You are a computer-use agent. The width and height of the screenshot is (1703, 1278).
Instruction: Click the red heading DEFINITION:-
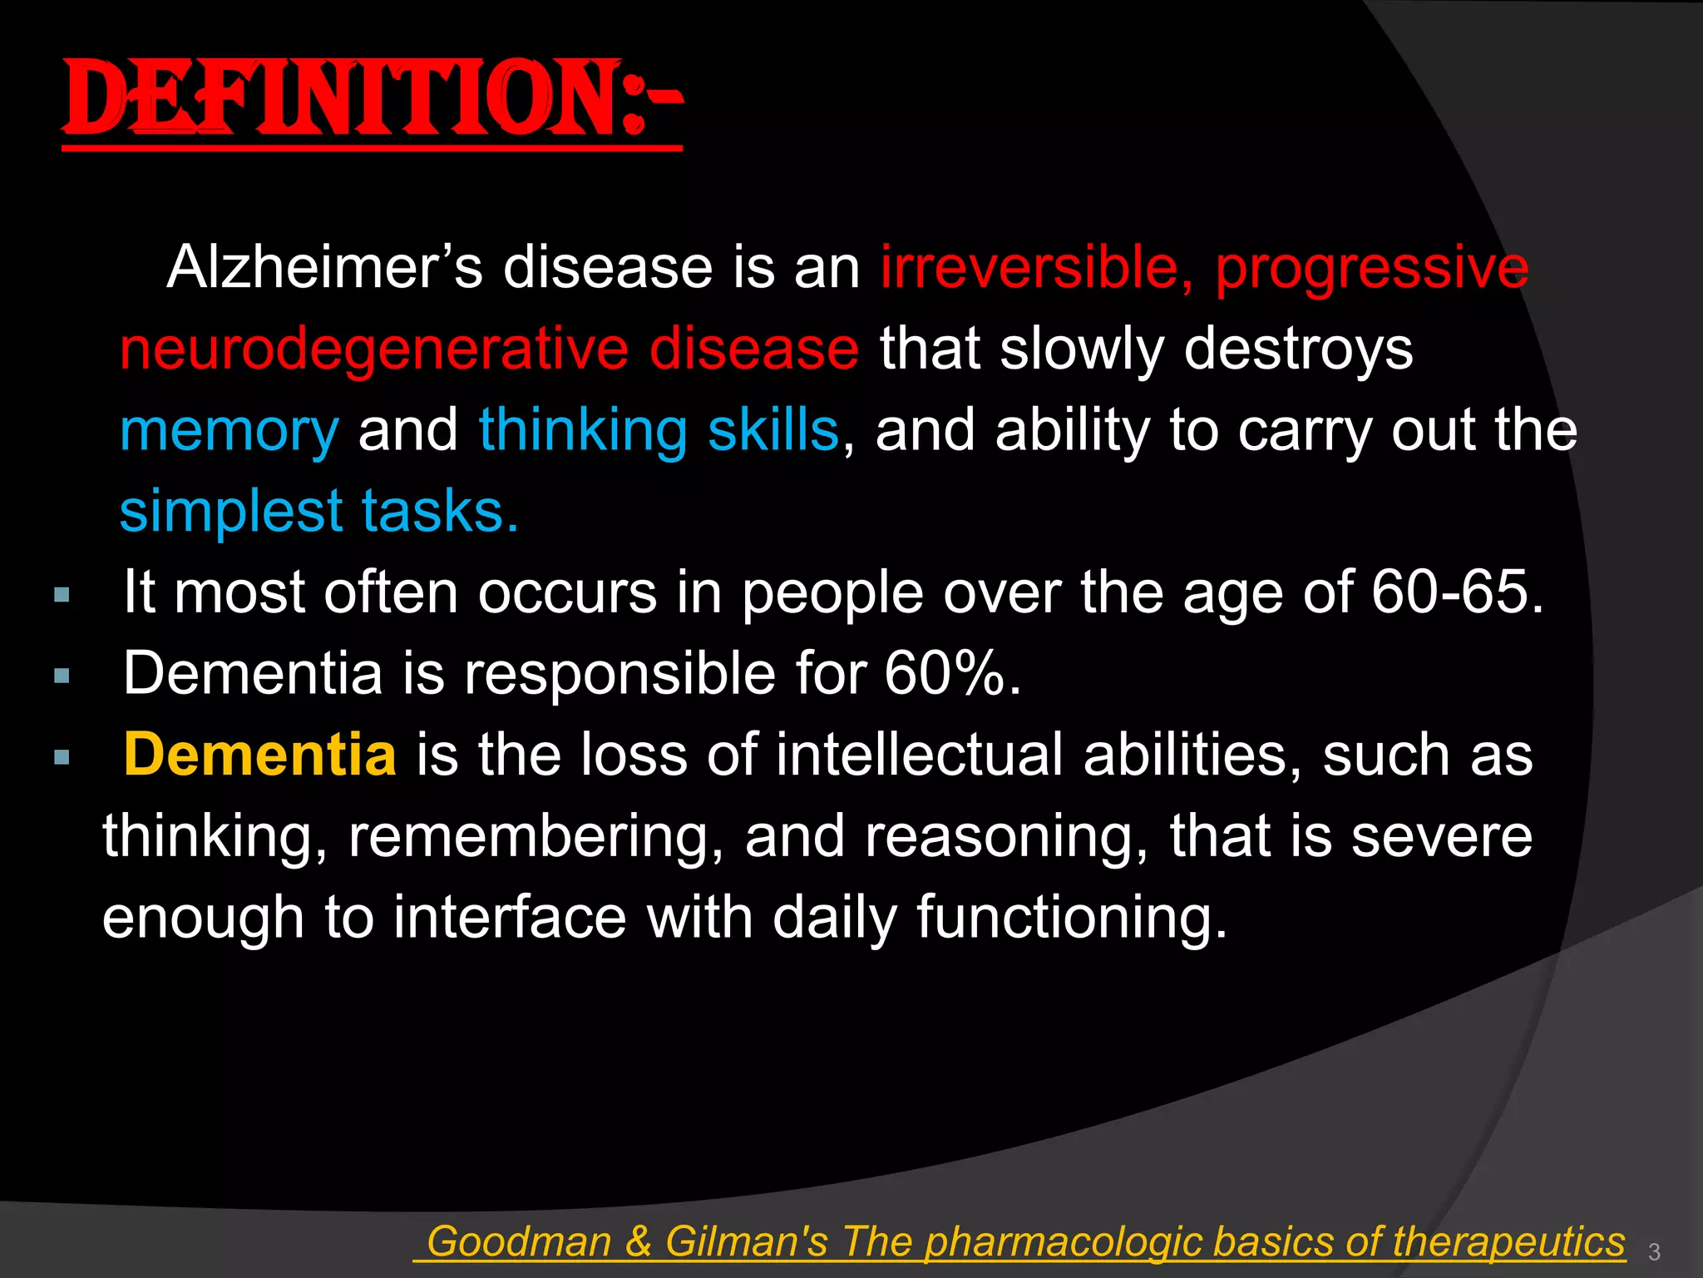[372, 100]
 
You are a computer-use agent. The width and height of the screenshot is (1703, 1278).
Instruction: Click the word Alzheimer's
[324, 268]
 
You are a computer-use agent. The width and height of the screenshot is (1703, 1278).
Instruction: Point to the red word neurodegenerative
[374, 349]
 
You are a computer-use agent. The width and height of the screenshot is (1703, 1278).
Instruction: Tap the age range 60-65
[1456, 592]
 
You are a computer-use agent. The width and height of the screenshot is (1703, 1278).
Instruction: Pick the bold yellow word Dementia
[259, 755]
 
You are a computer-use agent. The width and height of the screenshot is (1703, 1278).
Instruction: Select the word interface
[509, 917]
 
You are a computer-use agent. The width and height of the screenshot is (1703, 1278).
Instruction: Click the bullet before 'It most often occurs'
[61, 595]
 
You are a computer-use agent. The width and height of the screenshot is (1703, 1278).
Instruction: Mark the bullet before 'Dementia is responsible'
[61, 676]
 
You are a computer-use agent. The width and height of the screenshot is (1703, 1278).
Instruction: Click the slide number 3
[1654, 1251]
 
